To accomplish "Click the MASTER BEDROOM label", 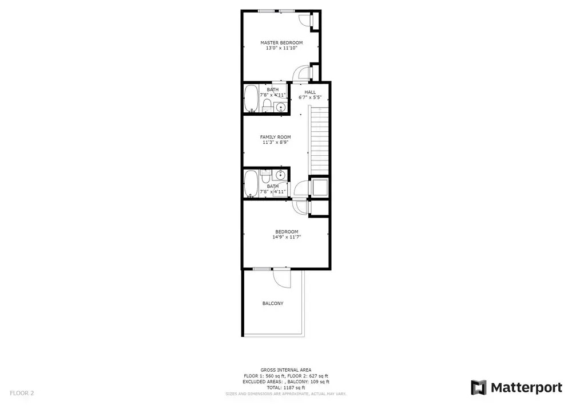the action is point(281,43).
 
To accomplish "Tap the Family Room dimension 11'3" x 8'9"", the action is point(276,143).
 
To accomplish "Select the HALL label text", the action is point(310,92).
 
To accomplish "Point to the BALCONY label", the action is point(273,304).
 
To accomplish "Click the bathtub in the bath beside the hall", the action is point(251,99).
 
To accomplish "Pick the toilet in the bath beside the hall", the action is point(267,105).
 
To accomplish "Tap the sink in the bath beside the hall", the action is point(280,107).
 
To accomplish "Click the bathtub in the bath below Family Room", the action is point(251,184).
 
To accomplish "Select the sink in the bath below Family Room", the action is point(280,175).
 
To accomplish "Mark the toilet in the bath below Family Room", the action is point(265,176).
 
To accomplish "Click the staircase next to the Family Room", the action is point(319,140).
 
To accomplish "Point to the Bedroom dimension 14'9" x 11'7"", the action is point(287,237).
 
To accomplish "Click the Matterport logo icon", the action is point(479,387).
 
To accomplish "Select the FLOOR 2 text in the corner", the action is point(22,394).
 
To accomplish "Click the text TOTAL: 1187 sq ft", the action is point(286,388).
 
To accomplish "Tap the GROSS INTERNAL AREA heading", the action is point(286,370).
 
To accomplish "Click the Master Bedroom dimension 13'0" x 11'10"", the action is point(281,48).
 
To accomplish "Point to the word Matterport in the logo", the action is point(526,387).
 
